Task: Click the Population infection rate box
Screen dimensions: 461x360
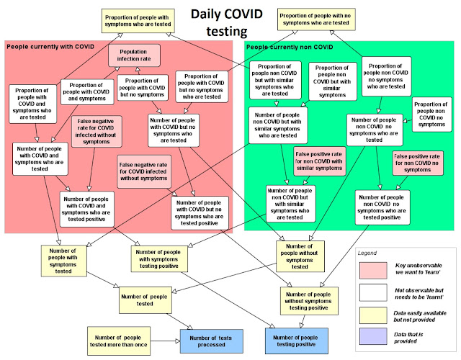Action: pyautogui.click(x=134, y=55)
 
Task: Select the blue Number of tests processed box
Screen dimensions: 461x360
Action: pyautogui.click(x=211, y=341)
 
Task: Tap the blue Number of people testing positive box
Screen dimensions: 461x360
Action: pyautogui.click(x=296, y=341)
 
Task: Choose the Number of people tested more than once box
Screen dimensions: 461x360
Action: pyautogui.click(x=118, y=341)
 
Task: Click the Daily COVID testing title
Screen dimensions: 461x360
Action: pyautogui.click(x=227, y=22)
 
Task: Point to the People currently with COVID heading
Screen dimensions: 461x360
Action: pyautogui.click(x=50, y=47)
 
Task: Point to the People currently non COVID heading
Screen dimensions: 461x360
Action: pyautogui.click(x=290, y=47)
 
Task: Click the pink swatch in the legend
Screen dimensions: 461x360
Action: pyautogui.click(x=373, y=271)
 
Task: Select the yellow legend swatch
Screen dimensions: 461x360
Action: pyautogui.click(x=373, y=315)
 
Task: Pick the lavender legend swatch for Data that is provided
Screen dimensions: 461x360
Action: pyautogui.click(x=373, y=336)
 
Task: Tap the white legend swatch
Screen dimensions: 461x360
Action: pyautogui.click(x=373, y=292)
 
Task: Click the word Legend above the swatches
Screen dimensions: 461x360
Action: pyautogui.click(x=367, y=253)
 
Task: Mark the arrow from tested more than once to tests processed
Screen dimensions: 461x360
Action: pyautogui.click(x=165, y=341)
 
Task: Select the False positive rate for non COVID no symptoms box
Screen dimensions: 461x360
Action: pyautogui.click(x=418, y=163)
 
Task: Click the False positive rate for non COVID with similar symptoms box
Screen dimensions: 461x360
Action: pyautogui.click(x=319, y=161)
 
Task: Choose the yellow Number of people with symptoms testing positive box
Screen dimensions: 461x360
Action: pyautogui.click(x=159, y=259)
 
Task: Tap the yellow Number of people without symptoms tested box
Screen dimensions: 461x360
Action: pyautogui.click(x=300, y=256)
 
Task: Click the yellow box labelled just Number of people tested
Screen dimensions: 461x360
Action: pyautogui.click(x=146, y=300)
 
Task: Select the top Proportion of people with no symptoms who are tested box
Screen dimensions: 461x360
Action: pyautogui.click(x=316, y=19)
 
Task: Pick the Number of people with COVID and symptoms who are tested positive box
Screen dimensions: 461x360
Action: pyautogui.click(x=86, y=209)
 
